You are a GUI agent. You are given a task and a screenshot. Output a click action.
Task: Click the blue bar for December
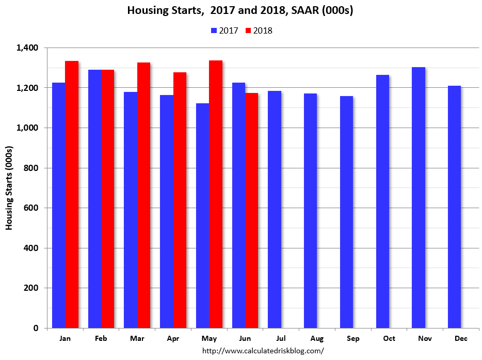click(454, 207)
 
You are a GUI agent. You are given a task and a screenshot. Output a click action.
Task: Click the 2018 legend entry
click(258, 30)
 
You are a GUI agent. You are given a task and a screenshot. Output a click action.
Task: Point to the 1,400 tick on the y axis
click(28, 48)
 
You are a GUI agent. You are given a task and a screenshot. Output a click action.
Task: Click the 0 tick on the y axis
click(36, 328)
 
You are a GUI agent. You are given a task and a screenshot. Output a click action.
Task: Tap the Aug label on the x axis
click(317, 338)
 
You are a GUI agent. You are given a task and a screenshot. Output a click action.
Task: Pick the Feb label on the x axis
click(101, 338)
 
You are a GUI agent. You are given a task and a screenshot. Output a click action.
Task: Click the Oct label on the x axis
click(389, 338)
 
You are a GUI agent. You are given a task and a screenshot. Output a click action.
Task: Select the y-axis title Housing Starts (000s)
click(9, 188)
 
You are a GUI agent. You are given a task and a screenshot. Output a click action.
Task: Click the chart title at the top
click(240, 11)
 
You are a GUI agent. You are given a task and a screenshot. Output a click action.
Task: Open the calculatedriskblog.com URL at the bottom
click(263, 351)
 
